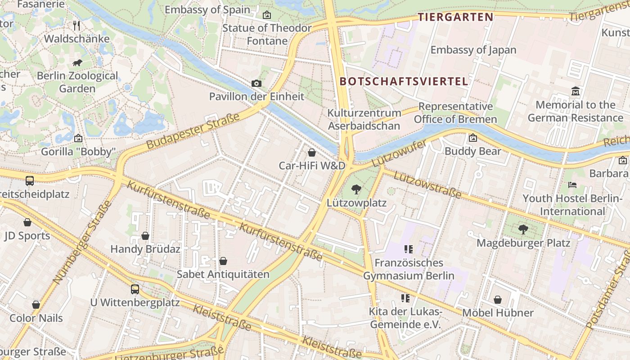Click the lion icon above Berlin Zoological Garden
77,63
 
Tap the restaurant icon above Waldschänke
76,26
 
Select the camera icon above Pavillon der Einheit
256,83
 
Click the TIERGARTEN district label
455,18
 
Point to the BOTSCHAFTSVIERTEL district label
404,81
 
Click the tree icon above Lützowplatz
356,189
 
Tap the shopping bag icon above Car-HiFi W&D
311,153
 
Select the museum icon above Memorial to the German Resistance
575,92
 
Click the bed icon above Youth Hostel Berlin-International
572,185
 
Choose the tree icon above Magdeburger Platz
523,229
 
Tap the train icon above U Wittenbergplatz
135,289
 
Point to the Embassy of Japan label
473,50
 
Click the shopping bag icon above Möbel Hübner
498,300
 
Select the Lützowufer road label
399,153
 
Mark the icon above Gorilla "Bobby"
78,138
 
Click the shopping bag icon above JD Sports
27,222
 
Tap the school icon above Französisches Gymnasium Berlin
409,249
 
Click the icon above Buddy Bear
472,138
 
